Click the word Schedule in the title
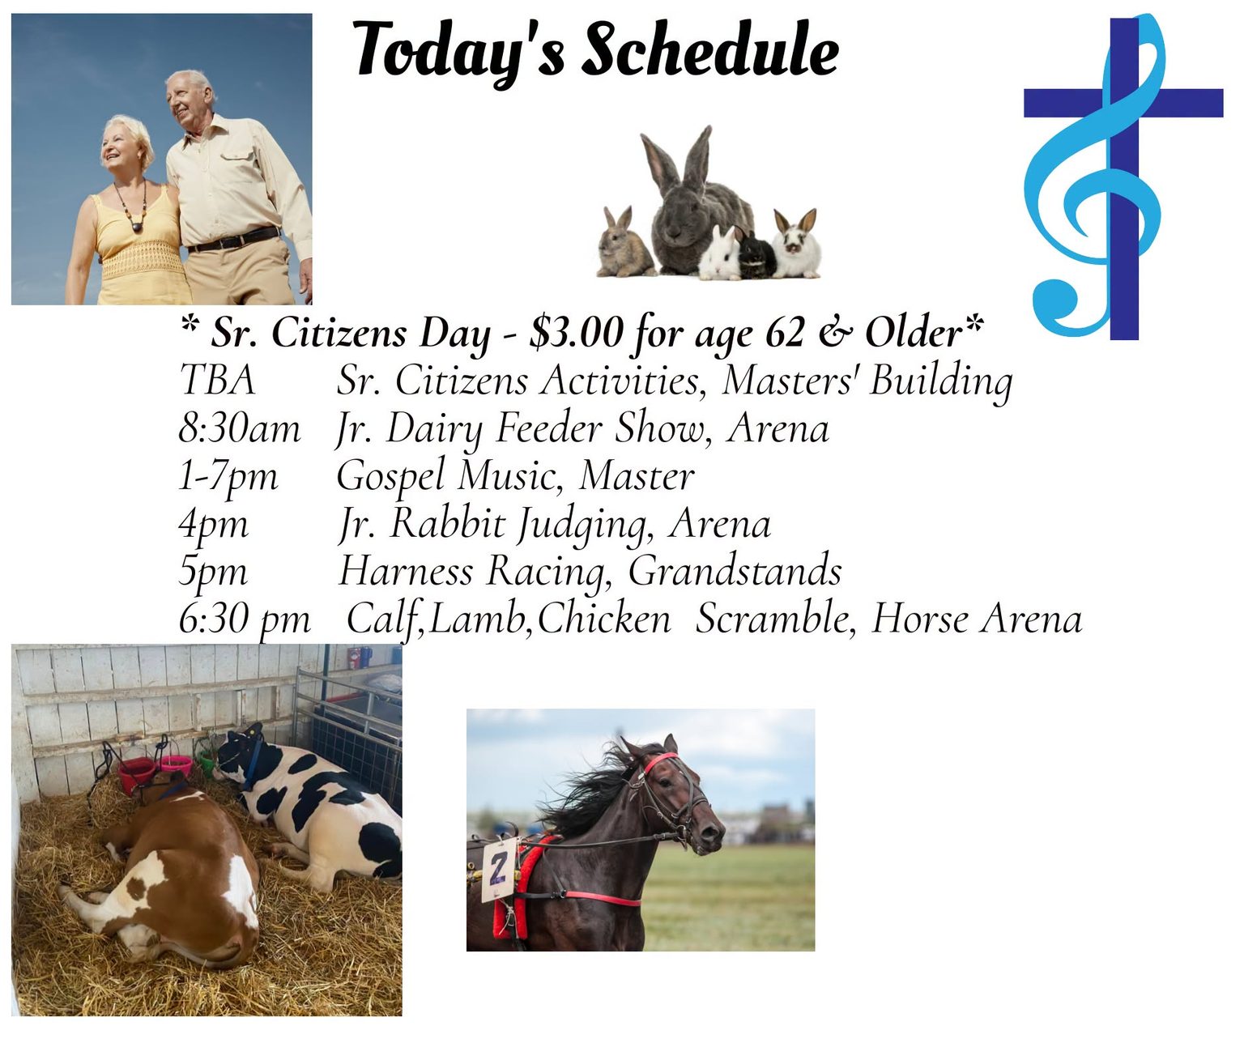pyautogui.click(x=710, y=49)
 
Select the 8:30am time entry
pyautogui.click(x=240, y=429)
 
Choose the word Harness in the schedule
pyautogui.click(x=406, y=571)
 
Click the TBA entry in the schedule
pyautogui.click(x=218, y=380)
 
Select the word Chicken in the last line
pyautogui.click(x=603, y=619)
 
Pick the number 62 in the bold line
pyautogui.click(x=785, y=332)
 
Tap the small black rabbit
pyautogui.click(x=756, y=257)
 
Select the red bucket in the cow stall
pyautogui.click(x=136, y=775)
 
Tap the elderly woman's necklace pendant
pyautogui.click(x=136, y=227)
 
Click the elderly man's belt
pyautogui.click(x=233, y=240)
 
